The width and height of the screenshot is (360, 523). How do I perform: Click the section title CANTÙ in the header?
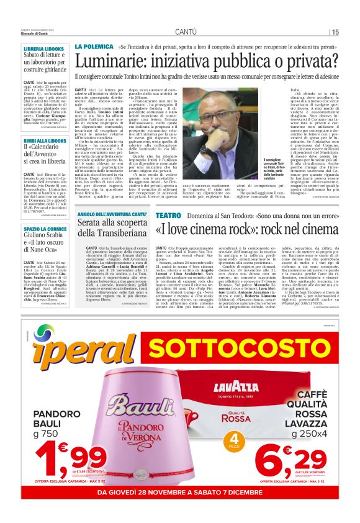click(186, 32)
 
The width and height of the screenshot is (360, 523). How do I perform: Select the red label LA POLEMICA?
click(93, 47)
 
